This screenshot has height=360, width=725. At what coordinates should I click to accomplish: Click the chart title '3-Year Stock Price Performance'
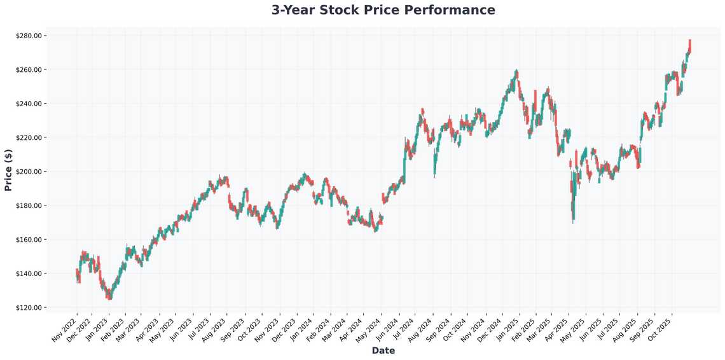click(383, 10)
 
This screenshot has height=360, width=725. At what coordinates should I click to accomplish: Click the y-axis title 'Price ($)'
click(8, 170)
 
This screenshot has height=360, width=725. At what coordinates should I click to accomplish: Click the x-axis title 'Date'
click(383, 350)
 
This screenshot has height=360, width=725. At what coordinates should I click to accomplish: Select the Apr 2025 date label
click(555, 326)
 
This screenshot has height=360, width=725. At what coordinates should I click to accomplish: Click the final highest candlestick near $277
click(690, 45)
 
